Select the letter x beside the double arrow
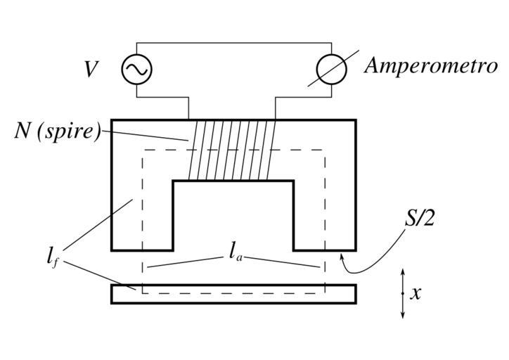(x=415, y=292)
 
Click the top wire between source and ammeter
(x=232, y=42)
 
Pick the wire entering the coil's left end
(x=189, y=107)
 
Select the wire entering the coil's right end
(x=276, y=107)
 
